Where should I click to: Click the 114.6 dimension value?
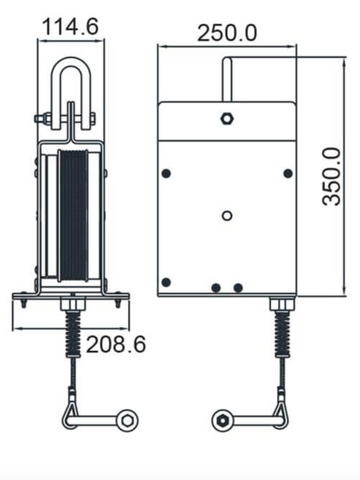[70, 26]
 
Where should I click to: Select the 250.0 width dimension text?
[227, 33]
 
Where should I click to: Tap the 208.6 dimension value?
[115, 344]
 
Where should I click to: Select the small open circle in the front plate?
[227, 214]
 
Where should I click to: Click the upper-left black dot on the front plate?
[166, 174]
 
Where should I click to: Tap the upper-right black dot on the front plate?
[287, 174]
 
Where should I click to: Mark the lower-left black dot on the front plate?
[166, 282]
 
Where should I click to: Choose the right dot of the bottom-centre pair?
[239, 287]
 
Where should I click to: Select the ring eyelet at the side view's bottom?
[129, 419]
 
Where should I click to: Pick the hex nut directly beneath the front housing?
[282, 304]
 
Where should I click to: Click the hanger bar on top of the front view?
[227, 80]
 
